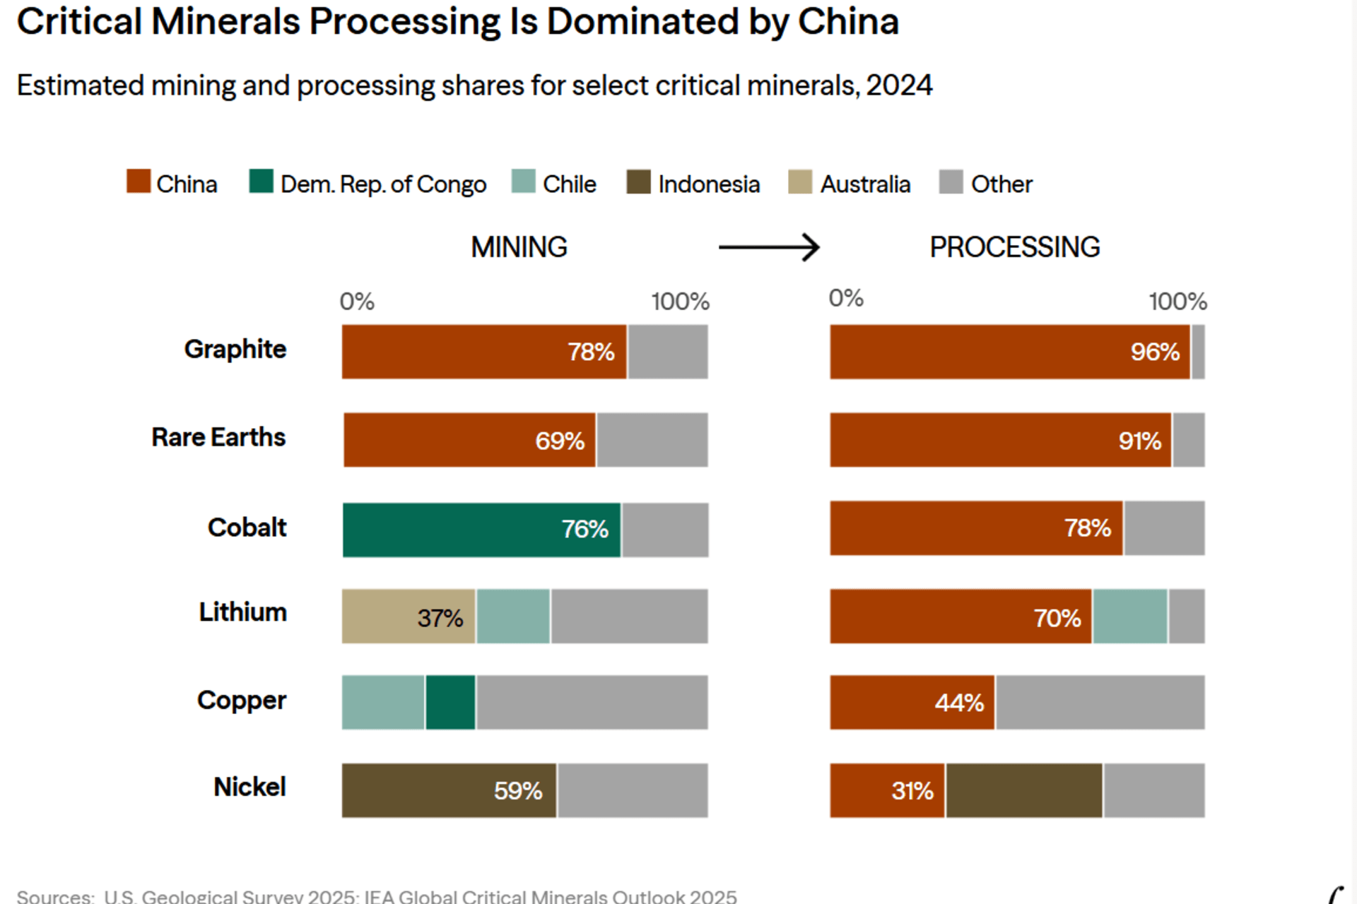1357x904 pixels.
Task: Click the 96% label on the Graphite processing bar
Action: pyautogui.click(x=1155, y=352)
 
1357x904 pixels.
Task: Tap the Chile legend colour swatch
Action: pyautogui.click(x=523, y=182)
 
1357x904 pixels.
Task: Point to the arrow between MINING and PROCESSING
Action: pyautogui.click(x=769, y=247)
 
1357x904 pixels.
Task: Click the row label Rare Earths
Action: pyautogui.click(x=218, y=438)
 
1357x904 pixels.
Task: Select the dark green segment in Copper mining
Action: pyautogui.click(x=450, y=703)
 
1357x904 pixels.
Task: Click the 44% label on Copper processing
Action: pyautogui.click(x=959, y=703)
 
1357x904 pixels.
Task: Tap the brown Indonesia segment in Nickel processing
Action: pyautogui.click(x=1024, y=790)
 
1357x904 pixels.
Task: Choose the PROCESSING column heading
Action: pyautogui.click(x=1014, y=247)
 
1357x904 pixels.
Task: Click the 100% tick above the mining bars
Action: pyautogui.click(x=680, y=302)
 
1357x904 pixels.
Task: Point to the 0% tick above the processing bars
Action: pyautogui.click(x=846, y=298)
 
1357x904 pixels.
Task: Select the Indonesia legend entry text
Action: pyautogui.click(x=709, y=184)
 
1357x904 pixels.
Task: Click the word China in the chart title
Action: pyautogui.click(x=848, y=21)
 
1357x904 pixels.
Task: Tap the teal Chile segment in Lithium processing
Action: pyautogui.click(x=1130, y=617)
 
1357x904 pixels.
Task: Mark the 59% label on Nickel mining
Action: pyautogui.click(x=518, y=791)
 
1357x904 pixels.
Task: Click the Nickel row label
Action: pyautogui.click(x=249, y=787)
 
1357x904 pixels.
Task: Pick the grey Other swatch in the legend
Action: pyautogui.click(x=951, y=182)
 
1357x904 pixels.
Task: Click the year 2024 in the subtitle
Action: pyautogui.click(x=899, y=85)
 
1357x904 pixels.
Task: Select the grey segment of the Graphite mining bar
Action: pyautogui.click(x=668, y=352)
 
